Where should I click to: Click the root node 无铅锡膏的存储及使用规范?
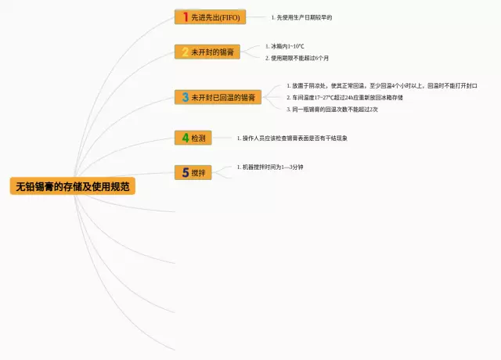(72, 186)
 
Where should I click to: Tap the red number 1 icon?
(185, 16)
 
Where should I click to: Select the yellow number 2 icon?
(185, 52)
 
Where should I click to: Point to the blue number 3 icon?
(185, 97)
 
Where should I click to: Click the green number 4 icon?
(185, 138)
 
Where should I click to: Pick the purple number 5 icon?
(185, 172)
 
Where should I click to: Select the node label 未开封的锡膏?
(212, 52)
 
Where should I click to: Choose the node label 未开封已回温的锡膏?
(224, 97)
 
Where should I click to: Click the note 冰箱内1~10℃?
(287, 46)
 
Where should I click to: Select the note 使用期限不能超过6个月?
(299, 58)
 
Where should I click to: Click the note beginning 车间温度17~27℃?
(347, 97)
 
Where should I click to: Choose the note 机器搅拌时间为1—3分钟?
(272, 167)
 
